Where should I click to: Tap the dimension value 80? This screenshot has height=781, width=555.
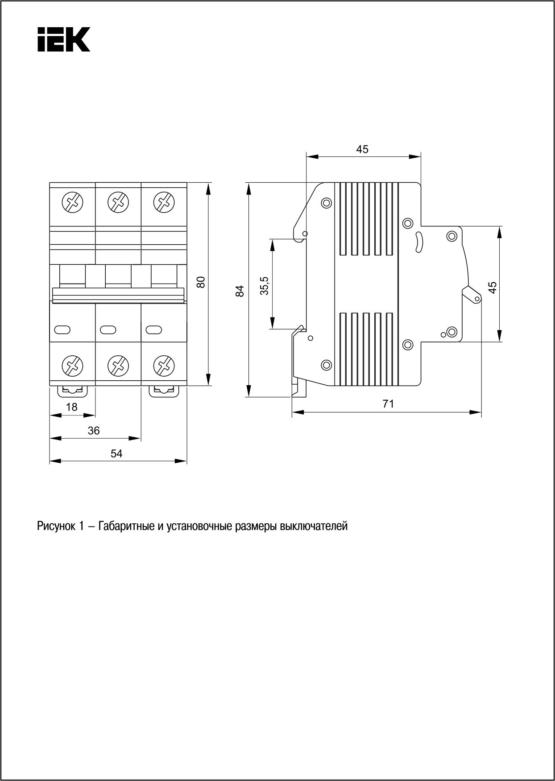tap(201, 282)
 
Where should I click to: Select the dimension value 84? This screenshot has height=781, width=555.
tap(240, 291)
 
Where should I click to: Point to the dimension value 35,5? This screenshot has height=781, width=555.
tap(265, 286)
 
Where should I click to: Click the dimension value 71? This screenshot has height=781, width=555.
tap(388, 404)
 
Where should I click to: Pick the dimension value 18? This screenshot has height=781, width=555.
tap(72, 407)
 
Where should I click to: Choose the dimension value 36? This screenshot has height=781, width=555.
tap(94, 431)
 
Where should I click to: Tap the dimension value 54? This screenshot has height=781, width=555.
tap(116, 453)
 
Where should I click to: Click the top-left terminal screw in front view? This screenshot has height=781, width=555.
tap(72, 202)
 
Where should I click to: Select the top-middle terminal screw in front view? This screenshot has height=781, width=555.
tap(118, 202)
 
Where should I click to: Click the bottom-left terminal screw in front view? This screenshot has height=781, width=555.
tap(72, 366)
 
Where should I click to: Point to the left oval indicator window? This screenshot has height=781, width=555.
tap(62, 329)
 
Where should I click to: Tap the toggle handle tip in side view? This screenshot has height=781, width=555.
tap(476, 298)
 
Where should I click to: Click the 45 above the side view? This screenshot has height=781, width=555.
tap(362, 149)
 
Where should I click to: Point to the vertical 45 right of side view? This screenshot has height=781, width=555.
tap(493, 288)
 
